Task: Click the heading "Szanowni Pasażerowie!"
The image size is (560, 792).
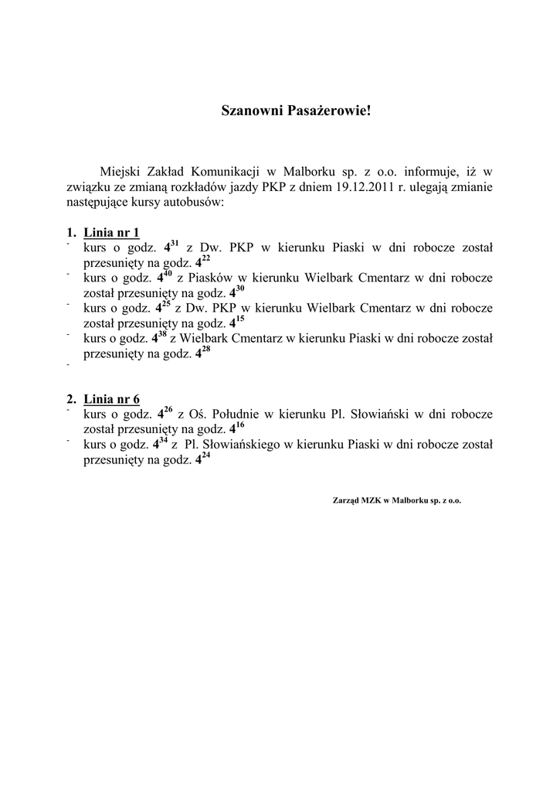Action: pyautogui.click(x=296, y=111)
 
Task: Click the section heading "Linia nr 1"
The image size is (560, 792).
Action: pyautogui.click(x=111, y=233)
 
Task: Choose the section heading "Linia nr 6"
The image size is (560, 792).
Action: pyautogui.click(x=111, y=399)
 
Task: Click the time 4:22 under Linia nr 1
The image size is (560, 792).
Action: pyautogui.click(x=202, y=261)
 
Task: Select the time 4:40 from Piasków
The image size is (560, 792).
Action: pyautogui.click(x=163, y=277)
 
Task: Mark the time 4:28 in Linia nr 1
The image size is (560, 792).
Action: pyautogui.click(x=202, y=352)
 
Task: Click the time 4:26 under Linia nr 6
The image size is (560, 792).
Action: pyautogui.click(x=165, y=413)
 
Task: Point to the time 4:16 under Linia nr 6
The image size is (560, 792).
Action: pyautogui.click(x=237, y=428)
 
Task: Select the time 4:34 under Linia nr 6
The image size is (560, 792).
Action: pyautogui.click(x=161, y=443)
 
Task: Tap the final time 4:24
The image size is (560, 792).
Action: pyautogui.click(x=202, y=458)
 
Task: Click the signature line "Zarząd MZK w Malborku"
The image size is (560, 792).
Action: pyautogui.click(x=396, y=500)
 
